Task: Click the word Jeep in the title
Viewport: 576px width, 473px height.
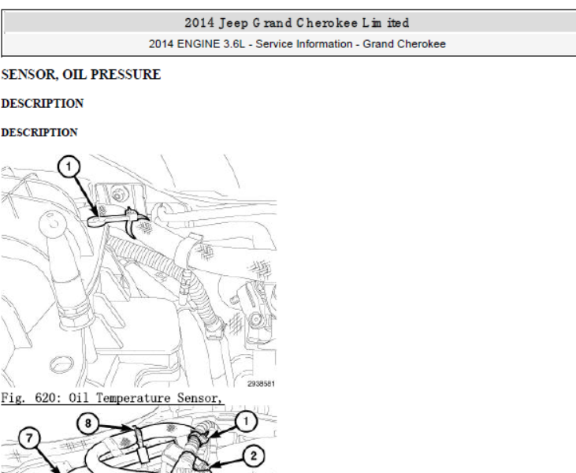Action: pyautogui.click(x=233, y=23)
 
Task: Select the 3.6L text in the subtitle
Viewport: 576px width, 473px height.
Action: pyautogui.click(x=233, y=44)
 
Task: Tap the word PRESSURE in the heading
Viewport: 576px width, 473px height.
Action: pyautogui.click(x=125, y=74)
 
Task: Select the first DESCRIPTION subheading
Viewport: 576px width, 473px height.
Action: pyautogui.click(x=43, y=103)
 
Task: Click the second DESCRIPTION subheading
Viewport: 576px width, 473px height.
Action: pyautogui.click(x=39, y=132)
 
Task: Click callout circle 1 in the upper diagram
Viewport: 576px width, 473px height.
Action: pyautogui.click(x=69, y=166)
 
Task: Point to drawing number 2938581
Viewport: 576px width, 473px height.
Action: pyautogui.click(x=261, y=384)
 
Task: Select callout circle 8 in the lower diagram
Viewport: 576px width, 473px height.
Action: pyautogui.click(x=87, y=423)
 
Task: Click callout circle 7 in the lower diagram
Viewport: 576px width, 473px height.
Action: pyautogui.click(x=29, y=438)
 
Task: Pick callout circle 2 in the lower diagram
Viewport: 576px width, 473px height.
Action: pyautogui.click(x=254, y=456)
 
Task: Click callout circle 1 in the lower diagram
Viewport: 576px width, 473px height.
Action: pyautogui.click(x=245, y=422)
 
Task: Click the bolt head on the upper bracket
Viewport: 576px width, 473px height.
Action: pyautogui.click(x=118, y=195)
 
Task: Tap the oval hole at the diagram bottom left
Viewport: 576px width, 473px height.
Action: pyautogui.click(x=61, y=364)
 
